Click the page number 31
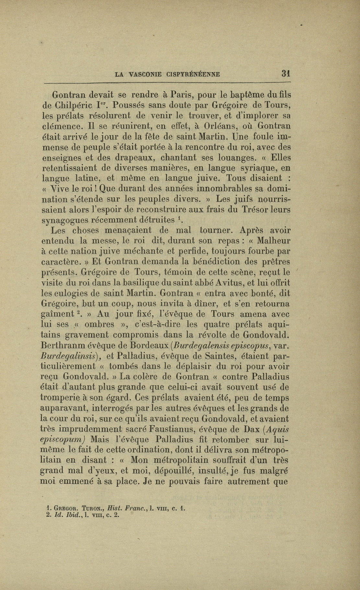tap(285, 74)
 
